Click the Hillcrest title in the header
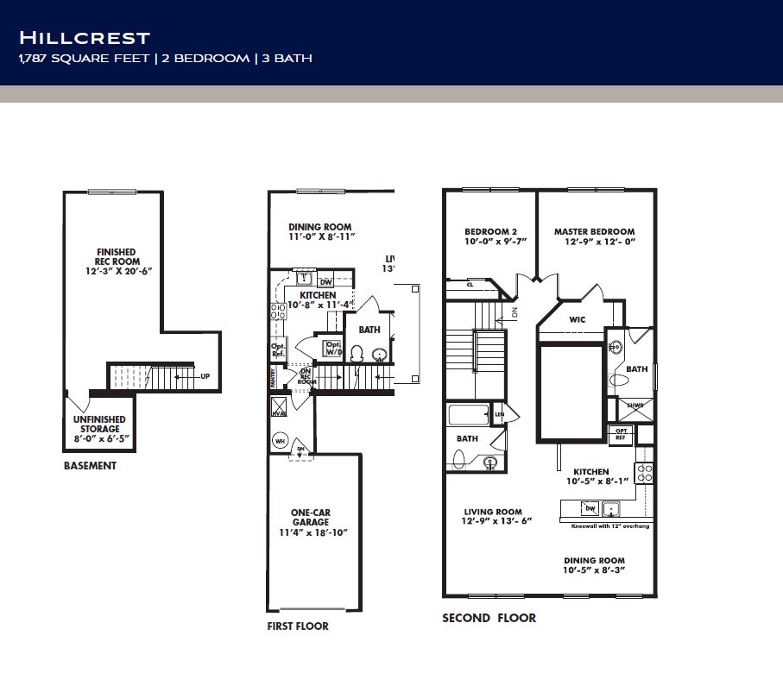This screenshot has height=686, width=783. point(85,37)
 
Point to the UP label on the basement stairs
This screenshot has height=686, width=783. point(205,376)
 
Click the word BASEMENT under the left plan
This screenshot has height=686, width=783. point(90,466)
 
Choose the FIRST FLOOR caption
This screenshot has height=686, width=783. point(298,626)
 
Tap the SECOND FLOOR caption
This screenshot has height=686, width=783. point(489,618)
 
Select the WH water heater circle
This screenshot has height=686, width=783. point(279,440)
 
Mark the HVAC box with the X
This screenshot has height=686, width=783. point(278,407)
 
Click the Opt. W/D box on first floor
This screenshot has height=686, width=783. point(332,348)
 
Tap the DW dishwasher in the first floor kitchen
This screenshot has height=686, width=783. point(325,281)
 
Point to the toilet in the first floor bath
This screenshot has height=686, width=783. point(357,354)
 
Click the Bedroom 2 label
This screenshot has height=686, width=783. point(489,231)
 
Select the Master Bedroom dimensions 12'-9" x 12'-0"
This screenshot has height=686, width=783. point(594,242)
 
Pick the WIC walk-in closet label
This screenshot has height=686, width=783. point(578,319)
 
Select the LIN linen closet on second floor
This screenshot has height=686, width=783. point(499,414)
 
